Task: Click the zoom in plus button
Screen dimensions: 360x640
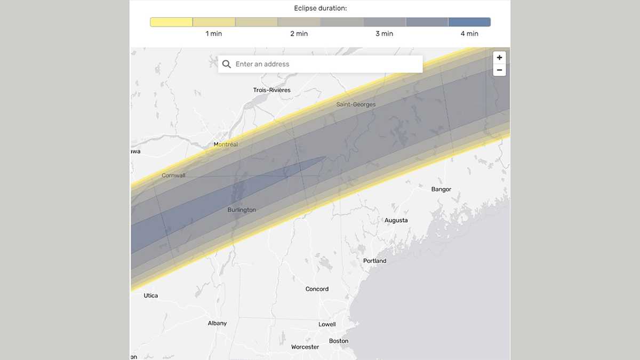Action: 499,58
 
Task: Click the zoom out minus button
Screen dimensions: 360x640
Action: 499,70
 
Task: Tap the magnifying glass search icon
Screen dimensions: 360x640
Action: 226,64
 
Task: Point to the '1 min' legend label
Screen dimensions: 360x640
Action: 214,34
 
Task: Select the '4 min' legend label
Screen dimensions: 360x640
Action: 469,34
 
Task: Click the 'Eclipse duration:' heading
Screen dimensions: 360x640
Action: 320,8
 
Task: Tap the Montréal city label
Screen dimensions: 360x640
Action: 226,145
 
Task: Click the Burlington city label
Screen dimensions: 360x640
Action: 242,210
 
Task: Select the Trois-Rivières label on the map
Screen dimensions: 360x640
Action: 272,90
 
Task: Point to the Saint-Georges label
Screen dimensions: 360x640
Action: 356,105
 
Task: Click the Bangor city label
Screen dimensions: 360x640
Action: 441,189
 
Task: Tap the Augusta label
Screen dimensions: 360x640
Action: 396,220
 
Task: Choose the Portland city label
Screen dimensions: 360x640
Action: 374,261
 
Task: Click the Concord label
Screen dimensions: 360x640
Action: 317,289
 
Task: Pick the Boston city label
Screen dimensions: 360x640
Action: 339,341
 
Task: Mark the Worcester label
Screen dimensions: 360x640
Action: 305,347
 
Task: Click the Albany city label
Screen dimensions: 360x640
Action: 217,323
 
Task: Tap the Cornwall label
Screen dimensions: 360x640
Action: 173,175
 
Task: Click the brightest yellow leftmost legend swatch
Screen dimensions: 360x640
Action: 171,22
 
